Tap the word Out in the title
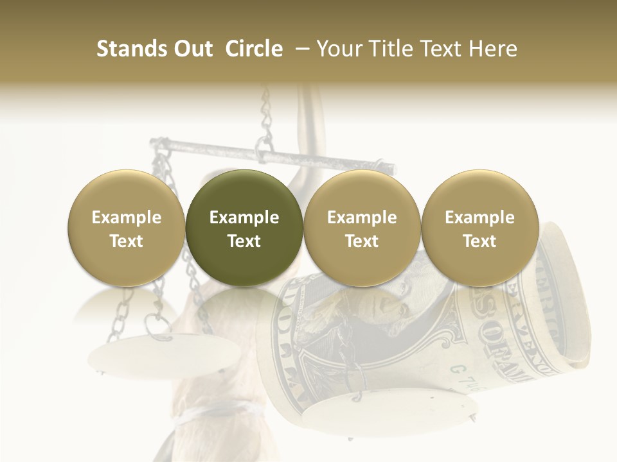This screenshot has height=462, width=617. (x=192, y=49)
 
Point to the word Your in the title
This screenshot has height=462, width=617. (x=338, y=49)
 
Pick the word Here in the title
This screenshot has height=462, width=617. (x=494, y=49)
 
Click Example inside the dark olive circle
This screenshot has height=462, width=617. (x=244, y=218)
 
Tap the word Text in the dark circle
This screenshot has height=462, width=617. (x=244, y=241)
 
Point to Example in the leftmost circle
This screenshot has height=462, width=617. (x=127, y=218)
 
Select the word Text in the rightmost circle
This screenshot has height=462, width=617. (x=479, y=241)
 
